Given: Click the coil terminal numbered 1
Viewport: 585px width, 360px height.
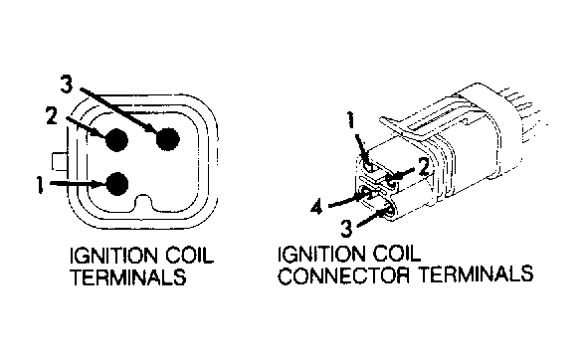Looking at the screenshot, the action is [x=117, y=184].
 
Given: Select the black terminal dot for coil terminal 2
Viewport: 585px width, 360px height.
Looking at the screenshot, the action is [x=116, y=140].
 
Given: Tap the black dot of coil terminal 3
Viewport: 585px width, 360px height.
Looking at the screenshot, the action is [x=168, y=138].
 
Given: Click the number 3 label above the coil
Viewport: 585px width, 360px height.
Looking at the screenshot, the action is [x=67, y=85].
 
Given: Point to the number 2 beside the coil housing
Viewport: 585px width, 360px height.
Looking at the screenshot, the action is [x=52, y=115].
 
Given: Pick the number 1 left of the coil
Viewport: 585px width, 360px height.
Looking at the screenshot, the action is [x=39, y=185].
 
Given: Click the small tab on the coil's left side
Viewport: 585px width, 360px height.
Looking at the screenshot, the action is [x=60, y=161].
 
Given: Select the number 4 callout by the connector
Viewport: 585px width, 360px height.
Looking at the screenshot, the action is [x=316, y=206].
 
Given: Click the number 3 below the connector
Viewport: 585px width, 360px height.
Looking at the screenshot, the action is [x=346, y=229].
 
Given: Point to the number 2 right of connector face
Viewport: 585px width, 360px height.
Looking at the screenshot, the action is [x=424, y=166].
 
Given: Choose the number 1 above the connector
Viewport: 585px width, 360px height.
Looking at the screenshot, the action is [x=350, y=120].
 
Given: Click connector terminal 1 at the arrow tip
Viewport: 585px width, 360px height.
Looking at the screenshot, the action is [x=369, y=166].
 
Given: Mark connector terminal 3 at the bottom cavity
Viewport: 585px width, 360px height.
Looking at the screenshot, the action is [x=388, y=211].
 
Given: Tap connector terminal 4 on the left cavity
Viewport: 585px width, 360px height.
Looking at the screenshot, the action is [x=366, y=194].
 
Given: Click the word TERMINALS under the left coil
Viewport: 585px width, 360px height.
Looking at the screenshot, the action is [x=128, y=276].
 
